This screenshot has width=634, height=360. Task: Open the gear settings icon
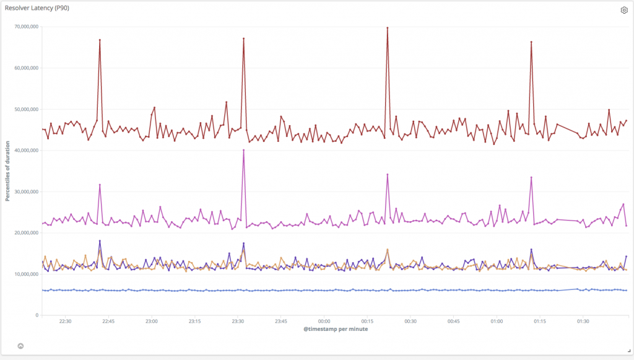click(624, 10)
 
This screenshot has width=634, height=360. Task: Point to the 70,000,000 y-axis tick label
click(26, 27)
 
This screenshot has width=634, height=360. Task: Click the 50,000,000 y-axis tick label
click(26, 109)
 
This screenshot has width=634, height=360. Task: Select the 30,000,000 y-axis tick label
click(26, 191)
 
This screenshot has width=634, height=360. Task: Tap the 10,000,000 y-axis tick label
click(26, 274)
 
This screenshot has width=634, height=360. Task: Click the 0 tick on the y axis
click(38, 315)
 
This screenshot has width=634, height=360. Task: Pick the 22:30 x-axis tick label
click(65, 321)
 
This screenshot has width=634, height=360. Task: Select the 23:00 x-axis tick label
click(151, 321)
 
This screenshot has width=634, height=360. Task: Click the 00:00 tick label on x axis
click(324, 321)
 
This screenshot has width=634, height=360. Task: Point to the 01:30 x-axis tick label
click(583, 321)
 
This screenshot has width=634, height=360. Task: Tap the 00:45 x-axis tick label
click(453, 321)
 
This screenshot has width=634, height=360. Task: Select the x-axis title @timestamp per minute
click(336, 330)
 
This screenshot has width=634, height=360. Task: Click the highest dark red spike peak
click(387, 28)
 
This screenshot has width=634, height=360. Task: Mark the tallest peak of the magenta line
click(243, 150)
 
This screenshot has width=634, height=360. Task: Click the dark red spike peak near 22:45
click(100, 40)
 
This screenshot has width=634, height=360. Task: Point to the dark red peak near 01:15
click(531, 42)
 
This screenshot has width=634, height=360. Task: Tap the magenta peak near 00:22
click(387, 175)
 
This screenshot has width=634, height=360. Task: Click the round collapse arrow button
click(20, 346)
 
